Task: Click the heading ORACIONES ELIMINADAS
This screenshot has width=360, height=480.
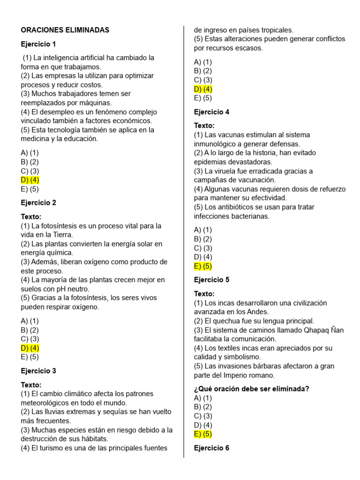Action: coord(65,30)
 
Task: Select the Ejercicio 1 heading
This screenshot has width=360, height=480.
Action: coord(38,44)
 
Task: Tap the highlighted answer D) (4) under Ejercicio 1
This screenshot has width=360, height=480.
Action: coord(30,180)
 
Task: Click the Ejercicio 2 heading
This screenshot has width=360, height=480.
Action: coord(38,203)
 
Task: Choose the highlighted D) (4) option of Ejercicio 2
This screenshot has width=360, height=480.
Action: coord(30,348)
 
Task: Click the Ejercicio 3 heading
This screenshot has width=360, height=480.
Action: coord(38,371)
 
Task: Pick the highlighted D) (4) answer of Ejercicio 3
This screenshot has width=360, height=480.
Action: coord(203,89)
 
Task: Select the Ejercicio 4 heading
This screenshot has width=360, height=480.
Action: coord(211,112)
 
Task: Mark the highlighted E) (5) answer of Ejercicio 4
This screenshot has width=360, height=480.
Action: coord(203,266)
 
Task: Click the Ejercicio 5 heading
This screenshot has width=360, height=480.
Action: coord(211,280)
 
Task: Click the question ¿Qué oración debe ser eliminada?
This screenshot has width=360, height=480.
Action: coord(251,389)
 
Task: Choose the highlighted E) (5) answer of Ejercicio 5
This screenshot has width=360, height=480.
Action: coord(203,434)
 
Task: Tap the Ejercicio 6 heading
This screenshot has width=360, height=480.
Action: coord(211,448)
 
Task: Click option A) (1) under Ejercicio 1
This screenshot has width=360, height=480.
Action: coord(30,153)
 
